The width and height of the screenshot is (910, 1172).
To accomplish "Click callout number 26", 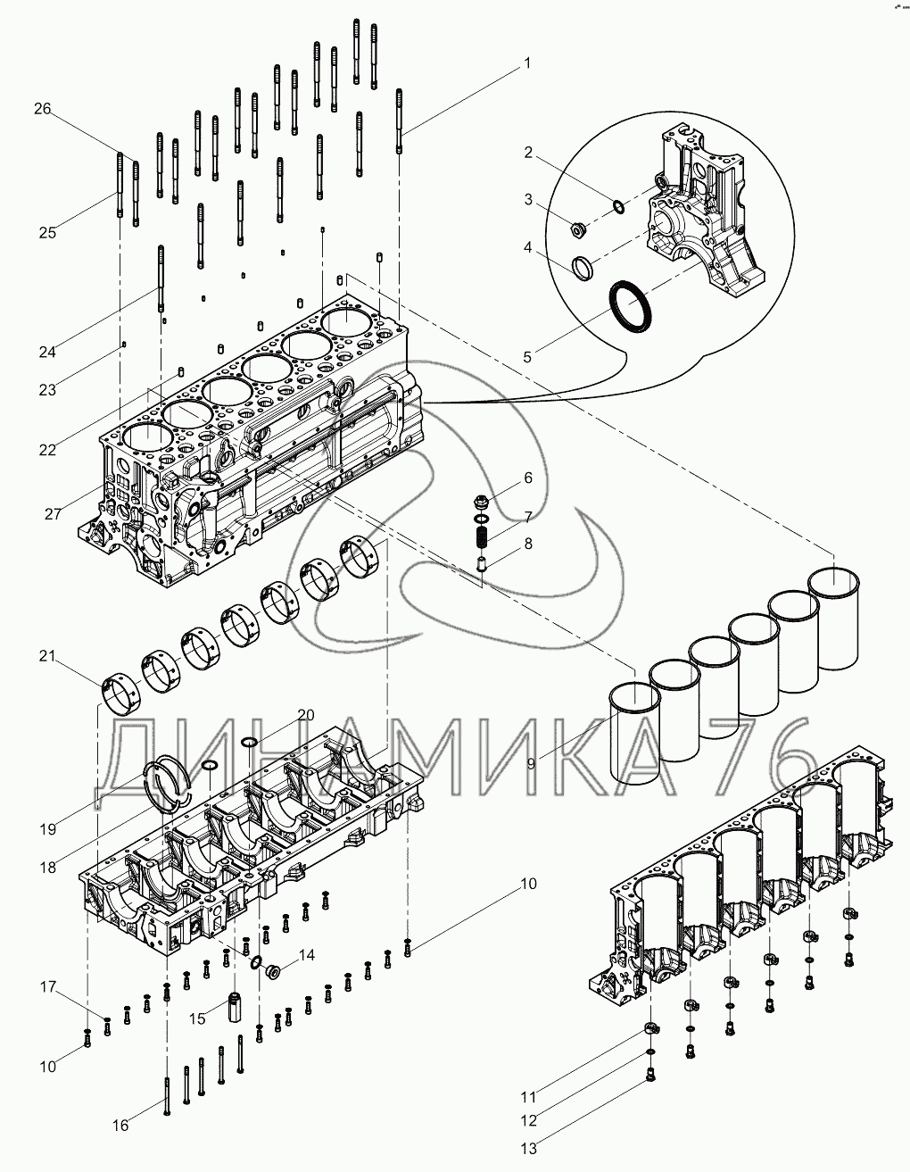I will (x=43, y=109).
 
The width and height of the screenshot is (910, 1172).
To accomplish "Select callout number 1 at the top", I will (x=527, y=63).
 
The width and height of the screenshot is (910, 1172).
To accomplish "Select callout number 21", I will (x=46, y=657).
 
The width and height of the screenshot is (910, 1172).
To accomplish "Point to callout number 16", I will (x=120, y=1126).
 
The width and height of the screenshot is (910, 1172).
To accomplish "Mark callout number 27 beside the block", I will (x=52, y=515).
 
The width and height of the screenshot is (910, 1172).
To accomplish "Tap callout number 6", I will (x=528, y=478).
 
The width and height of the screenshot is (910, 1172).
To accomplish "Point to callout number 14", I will (x=306, y=955).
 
